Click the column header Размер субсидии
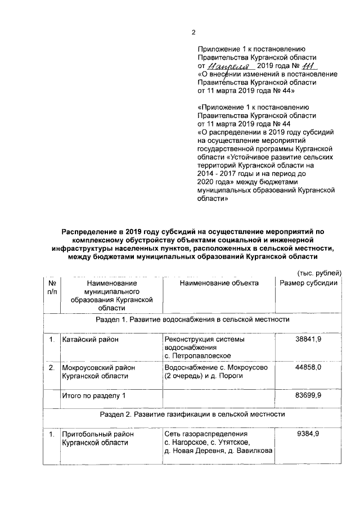pos(308,283)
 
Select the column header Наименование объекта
pos(219,283)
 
